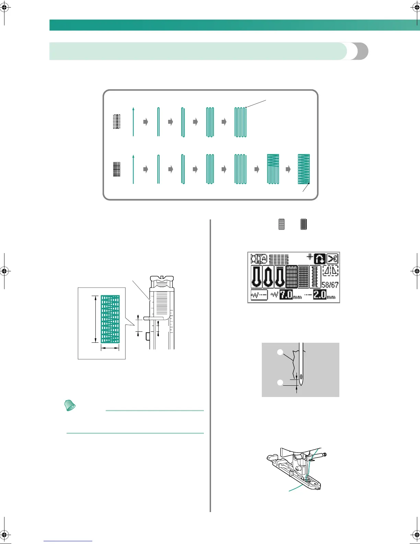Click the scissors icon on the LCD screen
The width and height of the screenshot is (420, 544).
pos(332,259)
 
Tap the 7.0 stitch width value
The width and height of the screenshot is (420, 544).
pos(286,295)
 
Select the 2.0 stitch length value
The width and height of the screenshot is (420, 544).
pos(319,295)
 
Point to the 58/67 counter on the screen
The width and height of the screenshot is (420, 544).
pos(330,285)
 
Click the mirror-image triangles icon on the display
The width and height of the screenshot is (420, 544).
pos(330,271)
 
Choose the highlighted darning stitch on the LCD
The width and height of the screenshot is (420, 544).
pos(292,276)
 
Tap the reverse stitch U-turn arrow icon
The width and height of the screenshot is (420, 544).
pos(319,259)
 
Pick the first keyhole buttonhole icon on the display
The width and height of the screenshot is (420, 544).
pos(256,276)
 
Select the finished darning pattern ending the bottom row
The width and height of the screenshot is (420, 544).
pos(304,169)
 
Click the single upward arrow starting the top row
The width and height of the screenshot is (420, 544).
pos(133,122)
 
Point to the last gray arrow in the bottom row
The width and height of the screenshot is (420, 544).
pos(288,169)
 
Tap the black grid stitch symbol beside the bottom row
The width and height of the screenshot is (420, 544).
pos(117,169)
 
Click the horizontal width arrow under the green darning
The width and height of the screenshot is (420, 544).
pos(110,348)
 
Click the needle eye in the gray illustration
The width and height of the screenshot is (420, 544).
pos(301,377)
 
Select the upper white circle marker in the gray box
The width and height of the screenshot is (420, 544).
pos(280,352)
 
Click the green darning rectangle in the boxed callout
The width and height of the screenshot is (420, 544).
pos(110,319)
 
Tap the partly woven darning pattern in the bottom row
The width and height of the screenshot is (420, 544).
pos(273,169)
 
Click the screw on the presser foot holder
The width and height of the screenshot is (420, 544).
pos(324,455)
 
